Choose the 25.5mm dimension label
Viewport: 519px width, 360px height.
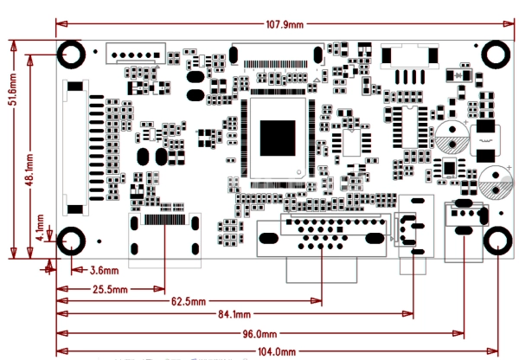point(110,289)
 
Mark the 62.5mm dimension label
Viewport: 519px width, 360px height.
point(188,301)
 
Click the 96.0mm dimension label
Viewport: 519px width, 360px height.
point(259,334)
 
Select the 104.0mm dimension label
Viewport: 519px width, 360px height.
point(277,351)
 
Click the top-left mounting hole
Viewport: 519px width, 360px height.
point(71,55)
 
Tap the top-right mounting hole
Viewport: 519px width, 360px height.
point(496,55)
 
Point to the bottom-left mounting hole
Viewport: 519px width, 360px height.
point(71,241)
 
